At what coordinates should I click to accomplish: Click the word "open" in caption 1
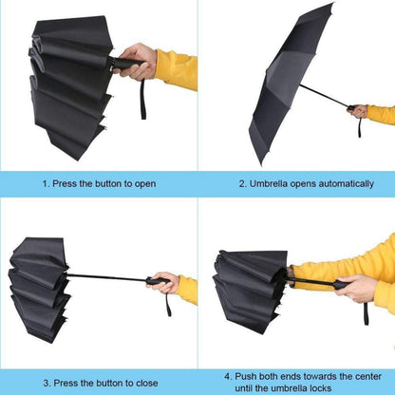coord(144,183)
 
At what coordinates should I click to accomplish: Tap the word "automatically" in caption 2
coord(339,183)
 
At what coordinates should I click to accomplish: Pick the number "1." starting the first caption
coord(46,183)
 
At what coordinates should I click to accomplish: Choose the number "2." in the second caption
coord(243,183)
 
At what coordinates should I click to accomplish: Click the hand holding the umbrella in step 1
coord(139,61)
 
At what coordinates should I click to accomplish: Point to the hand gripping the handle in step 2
coord(358,111)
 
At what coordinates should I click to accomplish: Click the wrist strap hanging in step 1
coord(142,97)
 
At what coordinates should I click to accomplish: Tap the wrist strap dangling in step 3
coord(169,305)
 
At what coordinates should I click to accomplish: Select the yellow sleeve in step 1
coord(177,68)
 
